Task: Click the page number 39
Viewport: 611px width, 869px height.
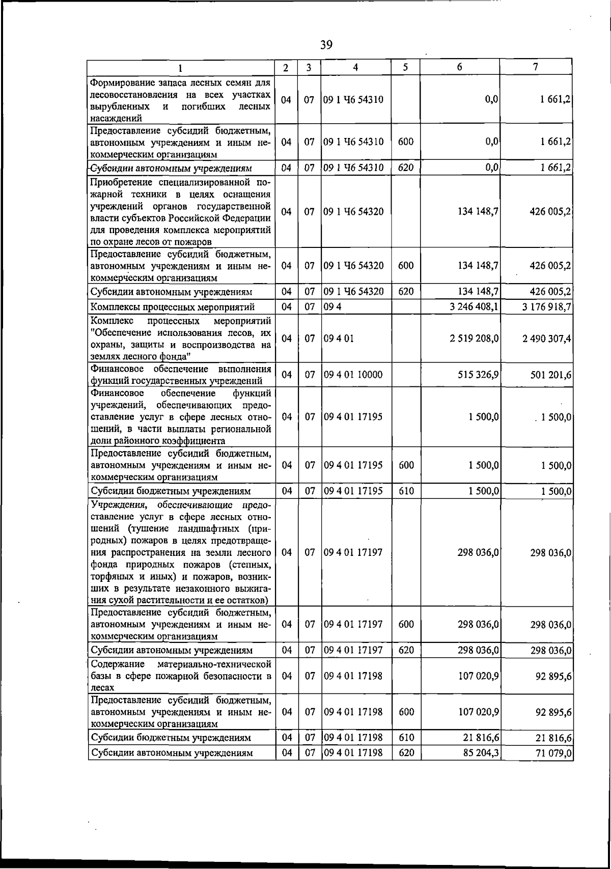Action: click(x=326, y=45)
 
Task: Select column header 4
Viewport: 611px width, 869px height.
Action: click(x=355, y=67)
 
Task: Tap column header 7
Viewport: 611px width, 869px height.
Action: click(x=535, y=67)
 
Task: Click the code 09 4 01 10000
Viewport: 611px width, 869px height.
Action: click(x=353, y=375)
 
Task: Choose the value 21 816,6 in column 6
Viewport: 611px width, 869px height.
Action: click(x=481, y=738)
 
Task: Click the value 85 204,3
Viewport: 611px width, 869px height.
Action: click(x=481, y=752)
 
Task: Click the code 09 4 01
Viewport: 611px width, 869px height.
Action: click(x=339, y=339)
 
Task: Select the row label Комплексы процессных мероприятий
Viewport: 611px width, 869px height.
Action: click(x=172, y=307)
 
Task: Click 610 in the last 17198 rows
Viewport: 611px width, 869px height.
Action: click(x=406, y=738)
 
